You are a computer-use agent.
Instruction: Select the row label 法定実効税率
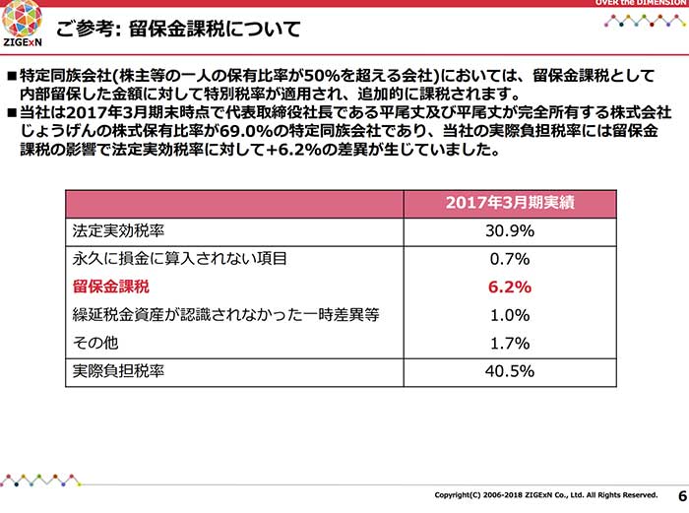pyautogui.click(x=118, y=231)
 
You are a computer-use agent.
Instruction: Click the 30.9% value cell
pyautogui.click(x=510, y=231)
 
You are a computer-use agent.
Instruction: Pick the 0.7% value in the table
pyautogui.click(x=510, y=260)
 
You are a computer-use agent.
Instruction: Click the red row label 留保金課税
pyautogui.click(x=111, y=288)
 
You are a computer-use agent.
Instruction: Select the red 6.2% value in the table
pyautogui.click(x=510, y=288)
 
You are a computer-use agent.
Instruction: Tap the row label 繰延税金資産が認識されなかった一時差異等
pyautogui.click(x=225, y=315)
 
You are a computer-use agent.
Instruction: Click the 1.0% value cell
pyautogui.click(x=510, y=315)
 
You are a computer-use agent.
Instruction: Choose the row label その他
pyautogui.click(x=95, y=343)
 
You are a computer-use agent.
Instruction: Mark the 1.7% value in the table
pyautogui.click(x=510, y=344)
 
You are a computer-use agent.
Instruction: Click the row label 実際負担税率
pyautogui.click(x=118, y=371)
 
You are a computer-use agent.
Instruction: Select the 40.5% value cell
pyautogui.click(x=510, y=371)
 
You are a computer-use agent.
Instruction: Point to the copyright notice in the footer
pyautogui.click(x=546, y=494)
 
